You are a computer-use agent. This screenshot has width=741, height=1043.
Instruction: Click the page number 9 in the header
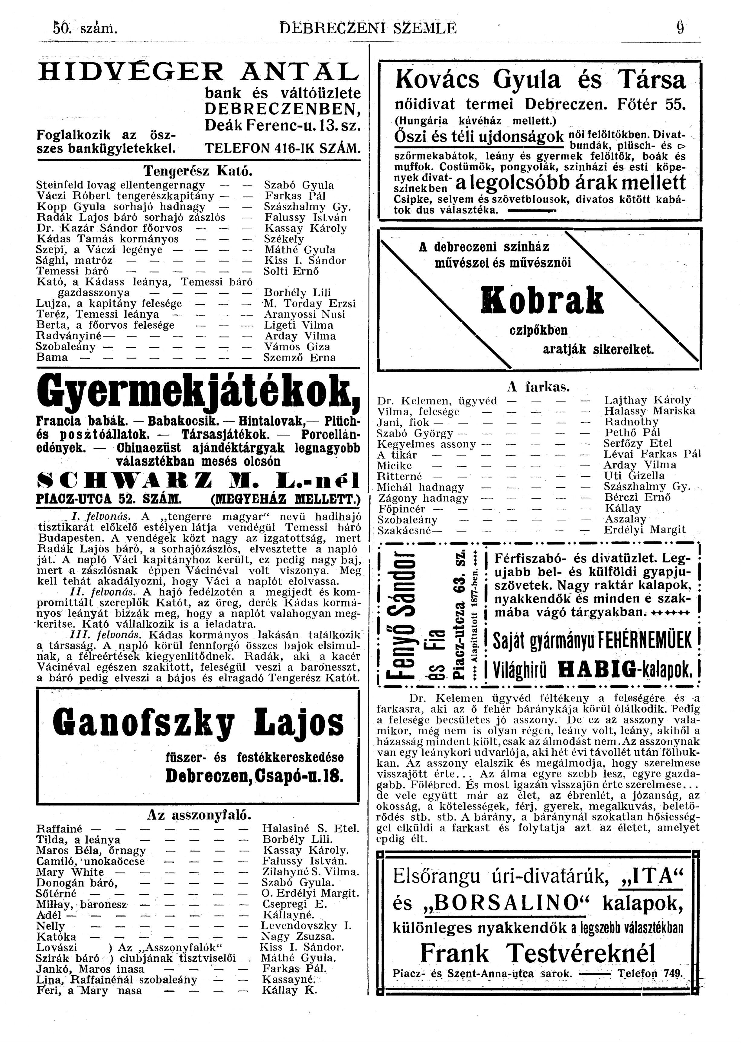[x=680, y=28]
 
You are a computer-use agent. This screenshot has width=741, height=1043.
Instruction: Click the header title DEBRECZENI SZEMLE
[x=368, y=29]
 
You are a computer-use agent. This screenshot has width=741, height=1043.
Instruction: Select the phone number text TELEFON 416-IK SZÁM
[x=283, y=149]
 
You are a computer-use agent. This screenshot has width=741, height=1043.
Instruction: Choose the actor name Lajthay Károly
[x=647, y=400]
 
